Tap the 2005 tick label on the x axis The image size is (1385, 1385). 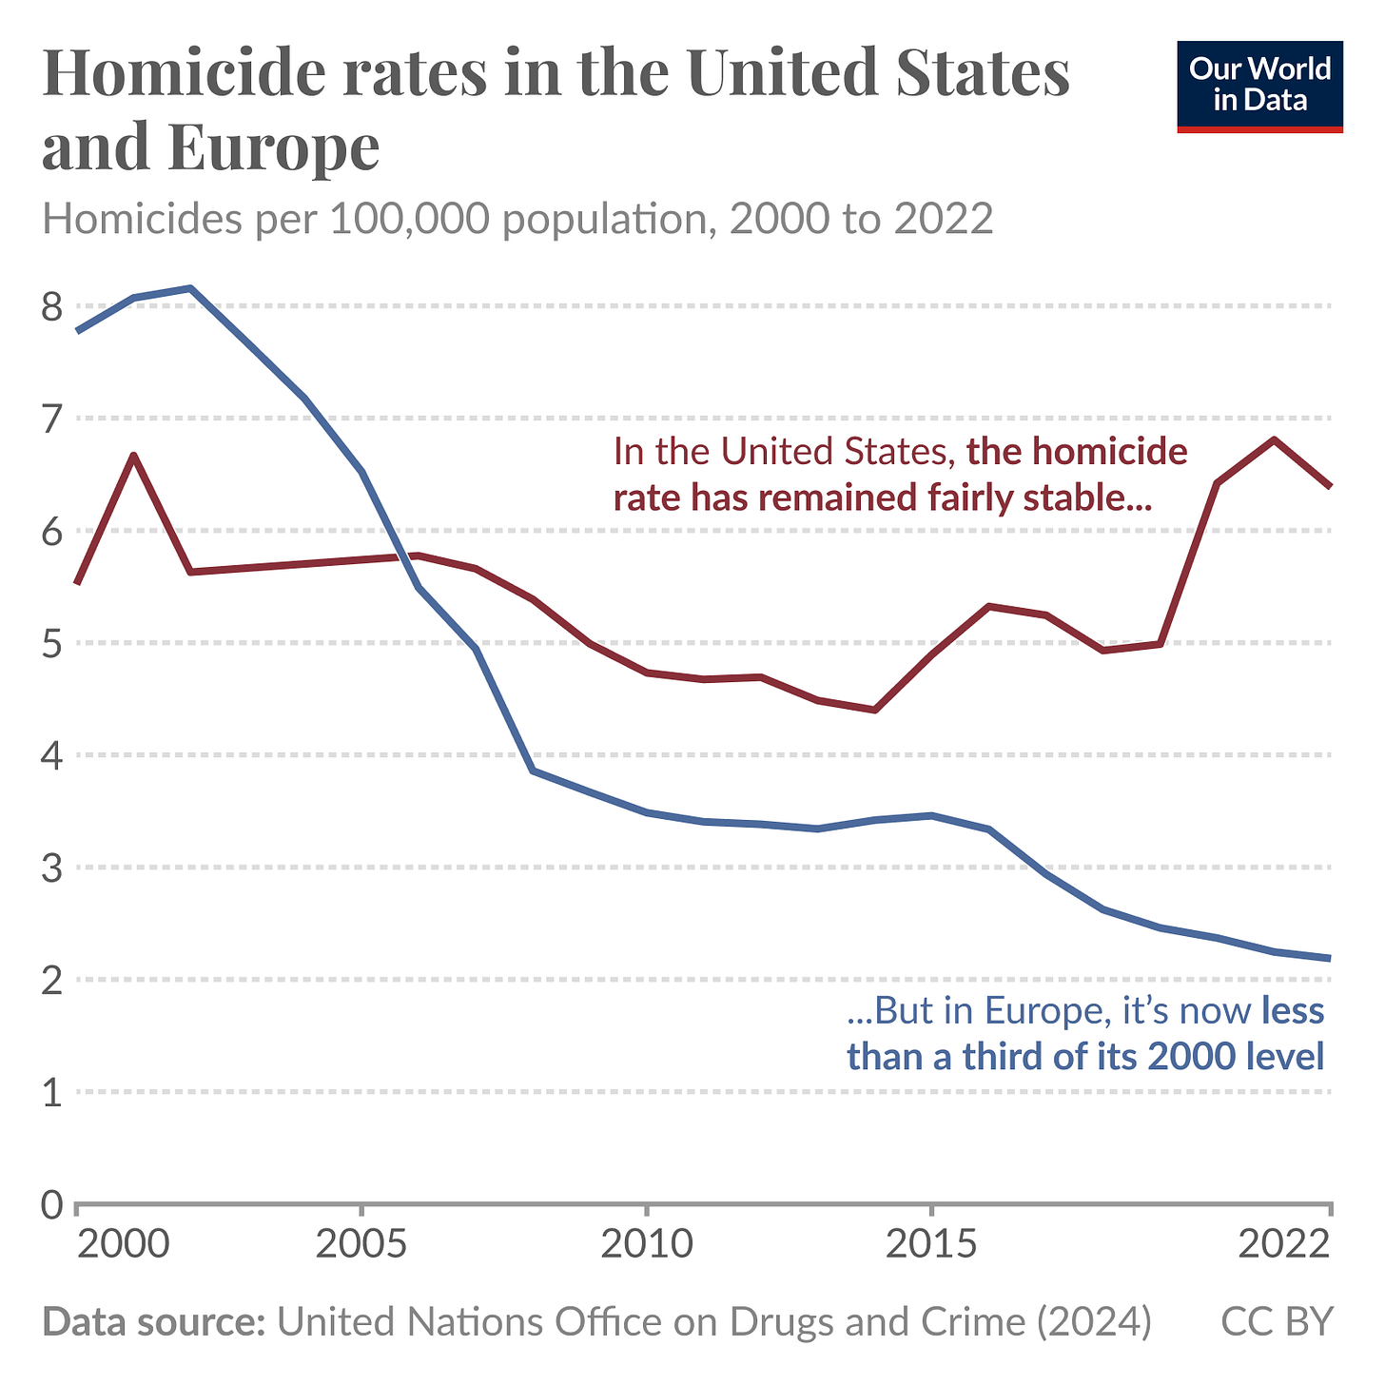361,1244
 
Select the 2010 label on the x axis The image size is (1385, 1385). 646,1244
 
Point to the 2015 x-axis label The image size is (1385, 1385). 931,1244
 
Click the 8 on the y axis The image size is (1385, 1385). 52,306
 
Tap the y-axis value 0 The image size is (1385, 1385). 52,1205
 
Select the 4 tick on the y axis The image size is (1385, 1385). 52,756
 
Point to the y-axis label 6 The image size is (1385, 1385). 52,532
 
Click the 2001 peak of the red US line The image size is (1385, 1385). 134,455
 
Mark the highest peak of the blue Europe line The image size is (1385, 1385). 190,287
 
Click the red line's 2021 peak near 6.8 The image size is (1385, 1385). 1274,439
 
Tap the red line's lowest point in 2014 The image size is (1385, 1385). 875,710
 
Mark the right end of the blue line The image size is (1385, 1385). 1329,958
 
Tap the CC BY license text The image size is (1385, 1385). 1277,1321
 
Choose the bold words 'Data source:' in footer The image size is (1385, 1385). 153,1321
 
